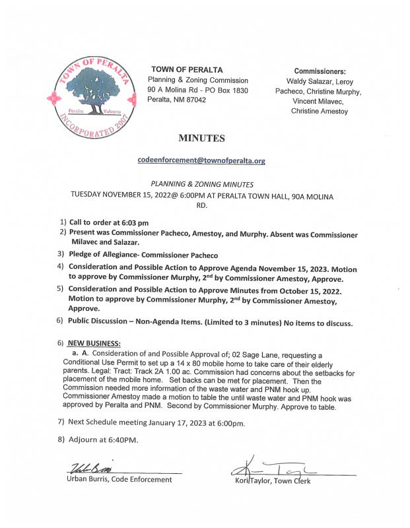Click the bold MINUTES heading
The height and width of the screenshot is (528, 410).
point(201,139)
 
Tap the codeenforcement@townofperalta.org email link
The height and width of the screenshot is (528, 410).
point(201,160)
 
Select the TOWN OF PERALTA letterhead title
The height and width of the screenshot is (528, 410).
point(187,69)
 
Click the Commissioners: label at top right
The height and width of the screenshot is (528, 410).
point(320,71)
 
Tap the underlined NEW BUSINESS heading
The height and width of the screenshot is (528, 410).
point(94,344)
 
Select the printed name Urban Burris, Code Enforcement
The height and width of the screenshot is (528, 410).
point(119,480)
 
